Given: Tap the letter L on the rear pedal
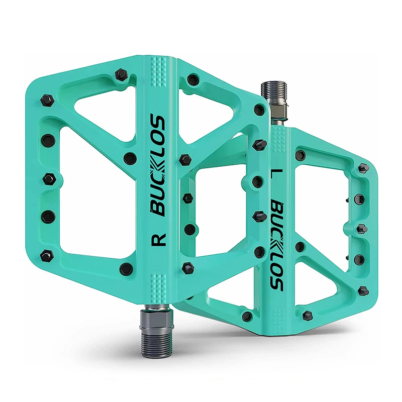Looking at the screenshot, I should tap(275, 176).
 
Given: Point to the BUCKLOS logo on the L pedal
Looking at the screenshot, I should tap(276, 246).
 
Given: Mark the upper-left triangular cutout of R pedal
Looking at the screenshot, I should tap(103, 108).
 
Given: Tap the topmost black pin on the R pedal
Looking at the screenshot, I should tap(120, 75).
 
